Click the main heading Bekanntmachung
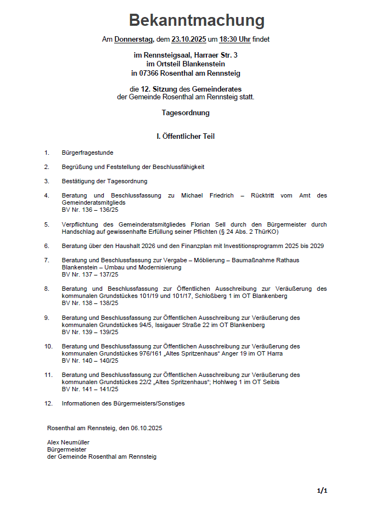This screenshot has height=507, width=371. pyautogui.click(x=196, y=21)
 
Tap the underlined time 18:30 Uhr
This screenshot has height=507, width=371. pyautogui.click(x=235, y=40)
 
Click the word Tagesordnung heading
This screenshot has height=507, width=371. pyautogui.click(x=185, y=113)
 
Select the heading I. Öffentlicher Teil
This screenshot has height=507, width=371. pyautogui.click(x=185, y=136)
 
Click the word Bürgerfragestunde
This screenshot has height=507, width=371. pyautogui.click(x=88, y=153)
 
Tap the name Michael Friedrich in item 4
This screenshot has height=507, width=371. pyautogui.click(x=206, y=195)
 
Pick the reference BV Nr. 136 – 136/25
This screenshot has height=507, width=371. pyautogui.click(x=90, y=210)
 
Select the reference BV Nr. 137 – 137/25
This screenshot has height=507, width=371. pyautogui.click(x=90, y=274)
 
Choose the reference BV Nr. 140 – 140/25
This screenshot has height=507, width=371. pyautogui.click(x=90, y=360)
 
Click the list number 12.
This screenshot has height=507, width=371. pyautogui.click(x=49, y=403)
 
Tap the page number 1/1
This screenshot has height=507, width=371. pyautogui.click(x=322, y=490)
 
